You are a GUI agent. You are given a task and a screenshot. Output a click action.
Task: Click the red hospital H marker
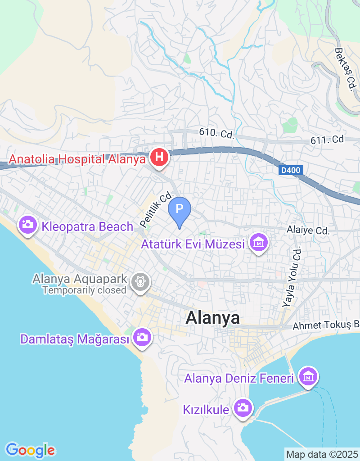158,158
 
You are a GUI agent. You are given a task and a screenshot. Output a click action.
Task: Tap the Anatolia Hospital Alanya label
77,159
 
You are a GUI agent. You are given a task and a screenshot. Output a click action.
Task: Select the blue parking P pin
180,209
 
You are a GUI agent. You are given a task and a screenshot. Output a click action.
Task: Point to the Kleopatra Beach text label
87,226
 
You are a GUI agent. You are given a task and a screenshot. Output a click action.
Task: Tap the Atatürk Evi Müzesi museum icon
259,243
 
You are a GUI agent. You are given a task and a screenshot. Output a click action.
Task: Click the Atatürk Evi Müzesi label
193,244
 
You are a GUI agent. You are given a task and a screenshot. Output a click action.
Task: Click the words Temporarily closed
85,290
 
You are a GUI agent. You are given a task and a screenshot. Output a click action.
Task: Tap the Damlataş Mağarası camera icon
142,336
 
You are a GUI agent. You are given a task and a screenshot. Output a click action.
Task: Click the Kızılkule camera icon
243,407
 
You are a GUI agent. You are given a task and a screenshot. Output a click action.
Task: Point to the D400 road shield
291,171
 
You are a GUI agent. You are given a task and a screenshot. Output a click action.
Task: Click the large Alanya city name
213,318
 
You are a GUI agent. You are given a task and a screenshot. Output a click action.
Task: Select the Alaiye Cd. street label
308,231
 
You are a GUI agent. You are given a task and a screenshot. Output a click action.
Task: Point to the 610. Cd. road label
217,133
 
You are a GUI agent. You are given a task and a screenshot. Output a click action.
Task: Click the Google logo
30,450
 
